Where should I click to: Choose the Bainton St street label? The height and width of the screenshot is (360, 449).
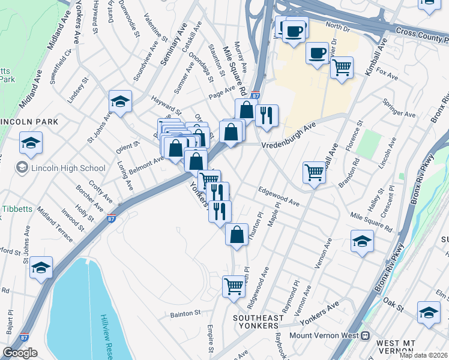click(184, 313)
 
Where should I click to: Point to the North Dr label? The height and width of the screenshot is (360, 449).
click(337, 26)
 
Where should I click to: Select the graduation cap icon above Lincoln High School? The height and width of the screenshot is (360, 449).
click(31, 143)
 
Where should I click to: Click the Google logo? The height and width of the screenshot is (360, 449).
click(20, 353)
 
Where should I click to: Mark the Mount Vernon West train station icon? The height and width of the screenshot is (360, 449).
click(365, 336)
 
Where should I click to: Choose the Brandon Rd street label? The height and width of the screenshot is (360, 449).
click(349, 172)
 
